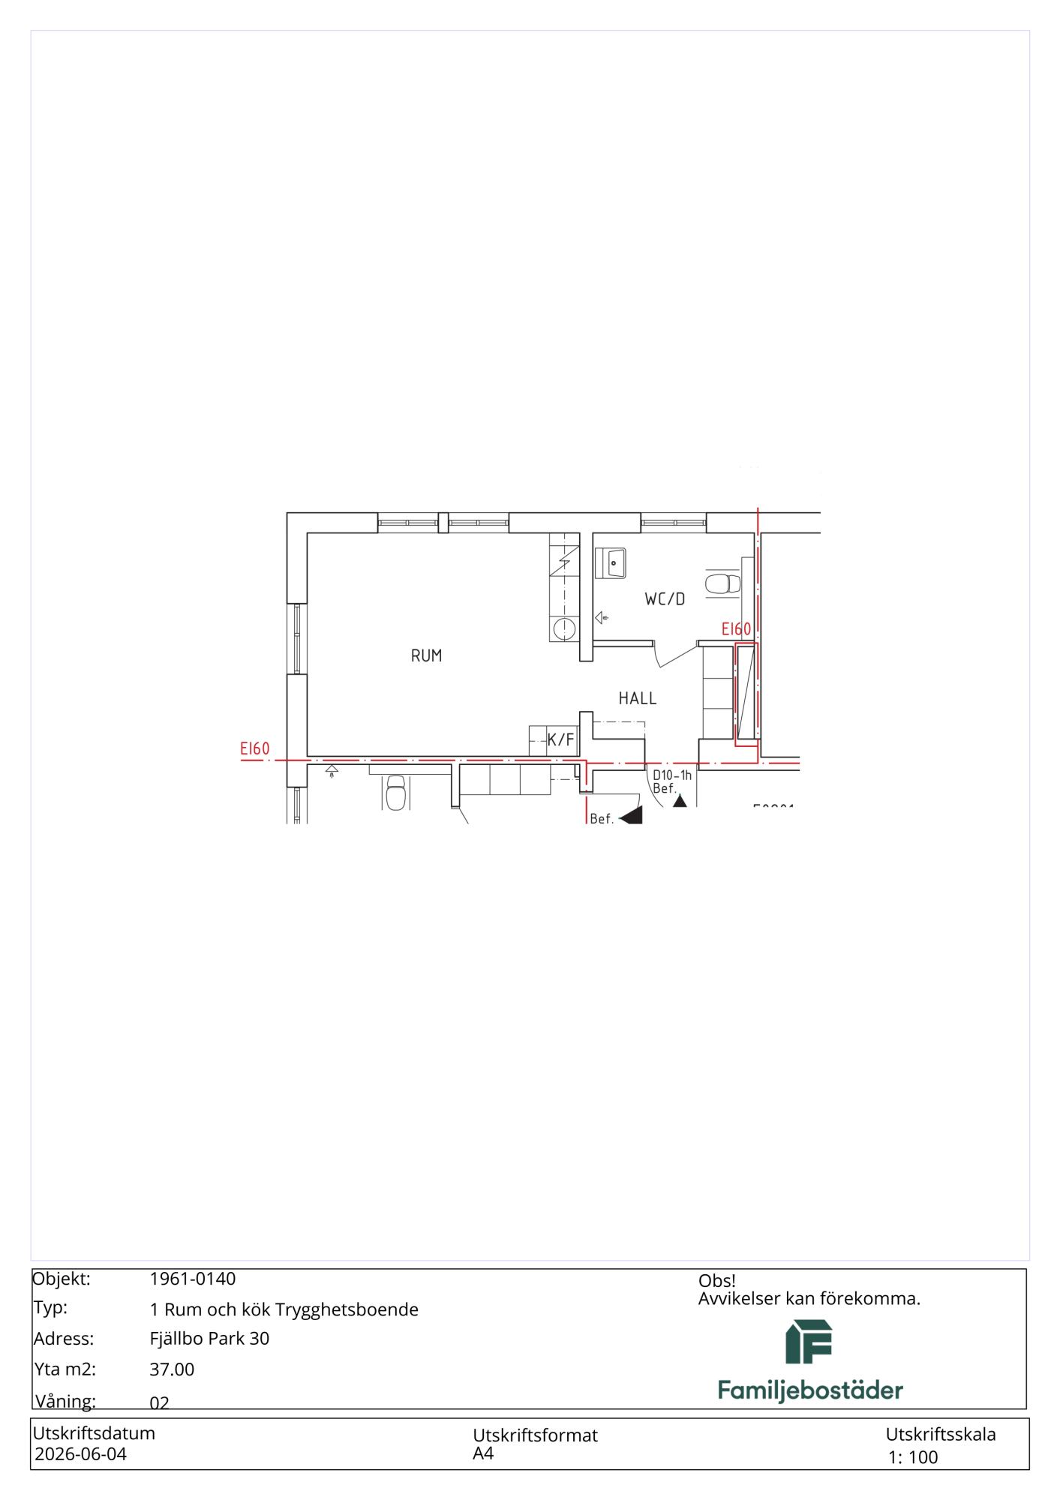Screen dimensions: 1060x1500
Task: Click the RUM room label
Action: click(426, 655)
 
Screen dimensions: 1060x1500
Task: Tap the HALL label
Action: click(638, 698)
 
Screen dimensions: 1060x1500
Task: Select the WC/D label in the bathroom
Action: click(665, 599)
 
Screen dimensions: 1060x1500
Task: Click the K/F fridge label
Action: click(560, 740)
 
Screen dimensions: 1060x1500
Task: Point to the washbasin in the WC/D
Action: click(611, 562)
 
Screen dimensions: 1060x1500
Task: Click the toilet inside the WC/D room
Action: click(723, 583)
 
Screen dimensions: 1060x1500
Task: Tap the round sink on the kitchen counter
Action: click(563, 628)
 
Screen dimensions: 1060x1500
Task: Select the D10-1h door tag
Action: click(672, 775)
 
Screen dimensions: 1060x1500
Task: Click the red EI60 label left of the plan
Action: click(255, 748)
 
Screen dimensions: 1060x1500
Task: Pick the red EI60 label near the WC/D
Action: click(736, 629)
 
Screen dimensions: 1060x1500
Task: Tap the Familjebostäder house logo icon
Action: click(809, 1342)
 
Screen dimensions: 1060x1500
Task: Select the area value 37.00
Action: click(172, 1369)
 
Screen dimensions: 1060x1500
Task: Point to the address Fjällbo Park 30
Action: click(209, 1339)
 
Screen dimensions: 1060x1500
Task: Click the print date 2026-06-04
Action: click(81, 1454)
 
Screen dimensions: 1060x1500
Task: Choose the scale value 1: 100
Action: click(913, 1457)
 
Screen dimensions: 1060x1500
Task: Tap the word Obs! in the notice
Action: click(717, 1281)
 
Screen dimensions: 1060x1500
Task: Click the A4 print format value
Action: click(483, 1453)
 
